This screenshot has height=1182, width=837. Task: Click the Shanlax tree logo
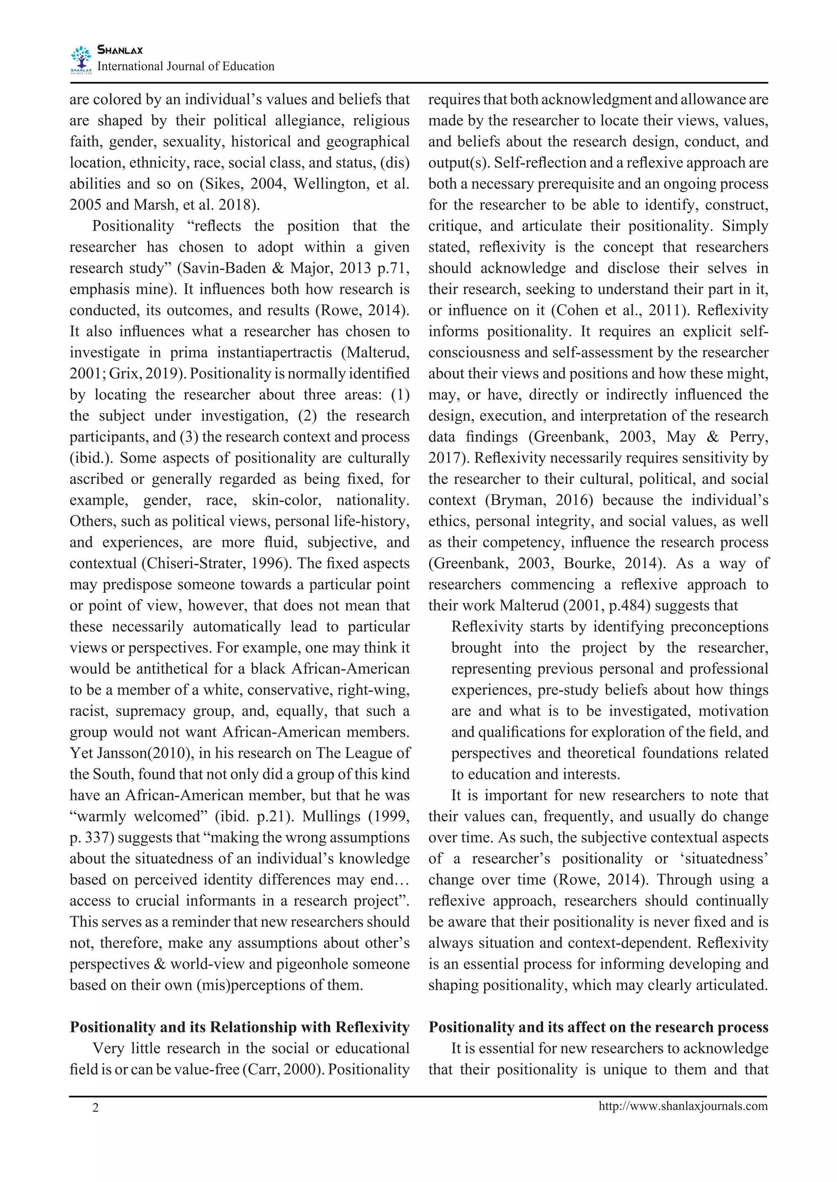[81, 59]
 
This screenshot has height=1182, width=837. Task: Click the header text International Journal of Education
[186, 67]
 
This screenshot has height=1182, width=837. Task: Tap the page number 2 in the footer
[95, 1107]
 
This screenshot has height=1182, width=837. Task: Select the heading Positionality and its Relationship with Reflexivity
[239, 1027]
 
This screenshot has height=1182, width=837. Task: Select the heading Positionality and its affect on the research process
[598, 1027]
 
